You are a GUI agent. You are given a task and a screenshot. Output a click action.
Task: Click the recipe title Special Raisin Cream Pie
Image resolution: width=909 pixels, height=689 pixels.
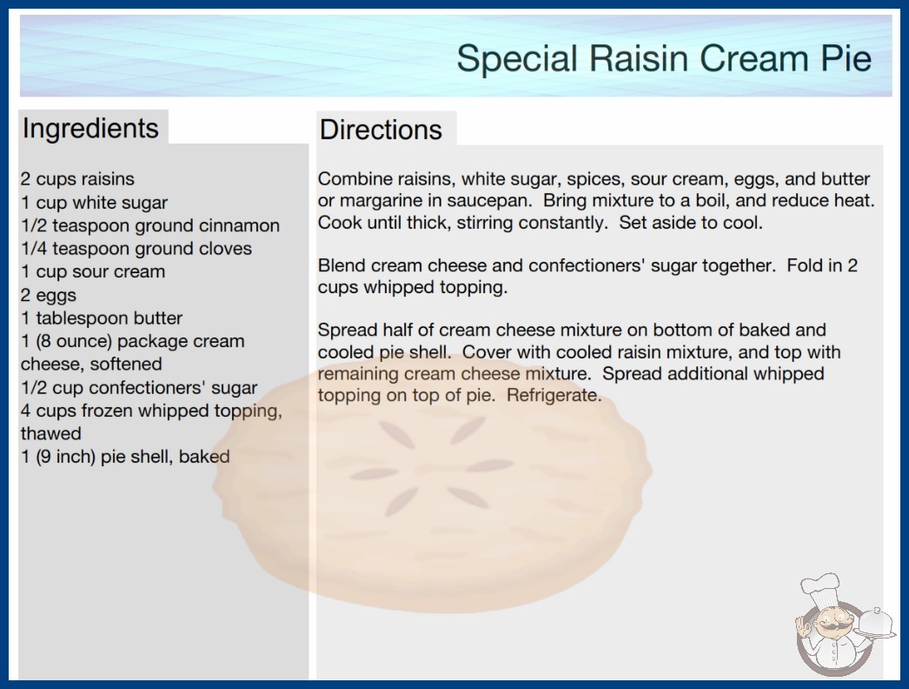pos(664,58)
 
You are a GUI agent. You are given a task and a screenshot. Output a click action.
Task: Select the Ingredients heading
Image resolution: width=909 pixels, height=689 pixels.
pos(90,129)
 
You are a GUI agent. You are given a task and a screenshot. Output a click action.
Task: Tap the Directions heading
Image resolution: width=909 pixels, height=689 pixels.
pos(381,130)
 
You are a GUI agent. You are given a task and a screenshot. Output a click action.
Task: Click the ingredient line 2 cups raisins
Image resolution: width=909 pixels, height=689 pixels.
pos(77,179)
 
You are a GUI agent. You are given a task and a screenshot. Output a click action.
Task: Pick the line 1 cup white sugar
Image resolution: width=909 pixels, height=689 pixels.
pos(94,203)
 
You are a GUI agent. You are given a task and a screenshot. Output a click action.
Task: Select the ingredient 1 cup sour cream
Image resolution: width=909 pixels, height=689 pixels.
pos(93,271)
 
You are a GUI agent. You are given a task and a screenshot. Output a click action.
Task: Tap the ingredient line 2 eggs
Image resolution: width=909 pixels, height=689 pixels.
pos(49,296)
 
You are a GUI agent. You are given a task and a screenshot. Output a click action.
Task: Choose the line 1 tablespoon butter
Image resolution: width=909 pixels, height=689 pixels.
pos(102,318)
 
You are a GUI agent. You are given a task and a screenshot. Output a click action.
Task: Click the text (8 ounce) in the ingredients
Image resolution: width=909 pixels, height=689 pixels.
pos(74,341)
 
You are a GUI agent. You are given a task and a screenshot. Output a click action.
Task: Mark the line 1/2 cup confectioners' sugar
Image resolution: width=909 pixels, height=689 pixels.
pos(139,388)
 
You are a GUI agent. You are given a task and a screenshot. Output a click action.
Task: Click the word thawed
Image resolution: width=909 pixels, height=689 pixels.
pos(51,433)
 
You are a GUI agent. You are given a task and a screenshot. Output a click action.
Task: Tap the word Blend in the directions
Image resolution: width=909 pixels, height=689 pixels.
pos(342,265)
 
